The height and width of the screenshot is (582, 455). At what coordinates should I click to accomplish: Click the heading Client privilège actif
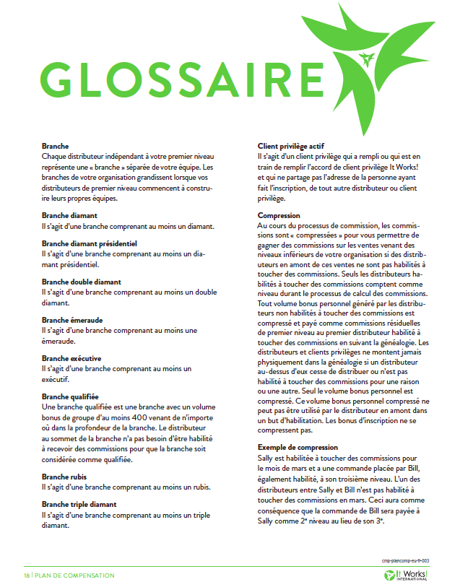296,146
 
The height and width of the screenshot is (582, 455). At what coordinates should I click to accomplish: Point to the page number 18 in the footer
27,575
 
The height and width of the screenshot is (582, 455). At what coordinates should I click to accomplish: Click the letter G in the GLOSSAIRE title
64,77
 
